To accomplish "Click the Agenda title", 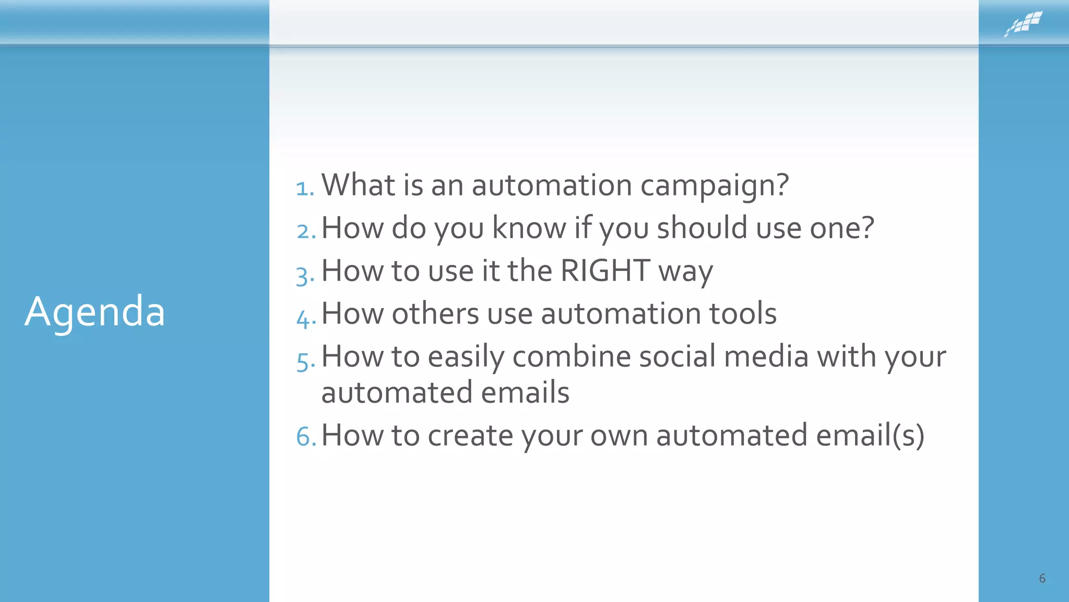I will (x=95, y=312).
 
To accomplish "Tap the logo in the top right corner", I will (x=1023, y=24).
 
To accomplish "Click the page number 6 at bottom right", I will (x=1042, y=578).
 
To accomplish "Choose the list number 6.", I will (x=306, y=436).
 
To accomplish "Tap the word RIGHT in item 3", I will (x=605, y=271).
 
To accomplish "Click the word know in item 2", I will (x=529, y=228).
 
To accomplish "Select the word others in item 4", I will (x=435, y=314).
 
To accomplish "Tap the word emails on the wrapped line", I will (x=525, y=392).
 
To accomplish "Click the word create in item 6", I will (x=470, y=435).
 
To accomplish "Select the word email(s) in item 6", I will (x=870, y=435).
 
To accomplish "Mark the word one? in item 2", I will (x=841, y=228).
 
